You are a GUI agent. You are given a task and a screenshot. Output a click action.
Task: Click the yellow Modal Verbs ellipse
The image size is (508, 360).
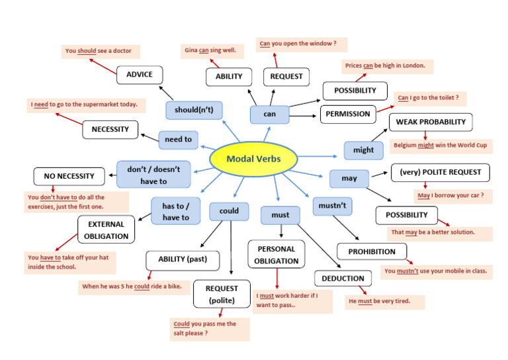pos(253,159)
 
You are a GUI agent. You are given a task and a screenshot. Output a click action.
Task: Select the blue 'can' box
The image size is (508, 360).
pos(269,114)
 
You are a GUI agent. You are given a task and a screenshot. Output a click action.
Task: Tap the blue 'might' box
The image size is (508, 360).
pos(363,150)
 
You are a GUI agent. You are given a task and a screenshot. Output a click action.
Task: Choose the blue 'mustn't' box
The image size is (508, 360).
pos(332,206)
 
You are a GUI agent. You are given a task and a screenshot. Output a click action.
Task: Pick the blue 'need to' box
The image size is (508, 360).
pos(178,140)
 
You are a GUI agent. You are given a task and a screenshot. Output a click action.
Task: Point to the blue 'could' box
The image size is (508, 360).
pos(228,212)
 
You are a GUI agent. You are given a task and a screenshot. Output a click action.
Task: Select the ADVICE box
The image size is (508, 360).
pos(139,75)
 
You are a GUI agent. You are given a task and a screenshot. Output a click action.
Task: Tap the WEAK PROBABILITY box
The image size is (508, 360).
pos(431,122)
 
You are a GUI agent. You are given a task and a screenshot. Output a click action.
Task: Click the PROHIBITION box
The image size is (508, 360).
pos(371,251)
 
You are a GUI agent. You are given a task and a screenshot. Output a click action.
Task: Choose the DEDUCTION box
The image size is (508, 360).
pos(343,279)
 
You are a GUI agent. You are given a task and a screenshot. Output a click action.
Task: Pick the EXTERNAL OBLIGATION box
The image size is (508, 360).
pos(106,230)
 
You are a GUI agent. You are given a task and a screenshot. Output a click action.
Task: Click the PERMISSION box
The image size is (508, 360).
pos(348,114)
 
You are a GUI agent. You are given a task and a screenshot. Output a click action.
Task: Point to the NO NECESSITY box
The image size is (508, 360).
pos(69,176)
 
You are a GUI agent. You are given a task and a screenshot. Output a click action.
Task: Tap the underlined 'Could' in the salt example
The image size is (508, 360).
pos(181,324)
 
